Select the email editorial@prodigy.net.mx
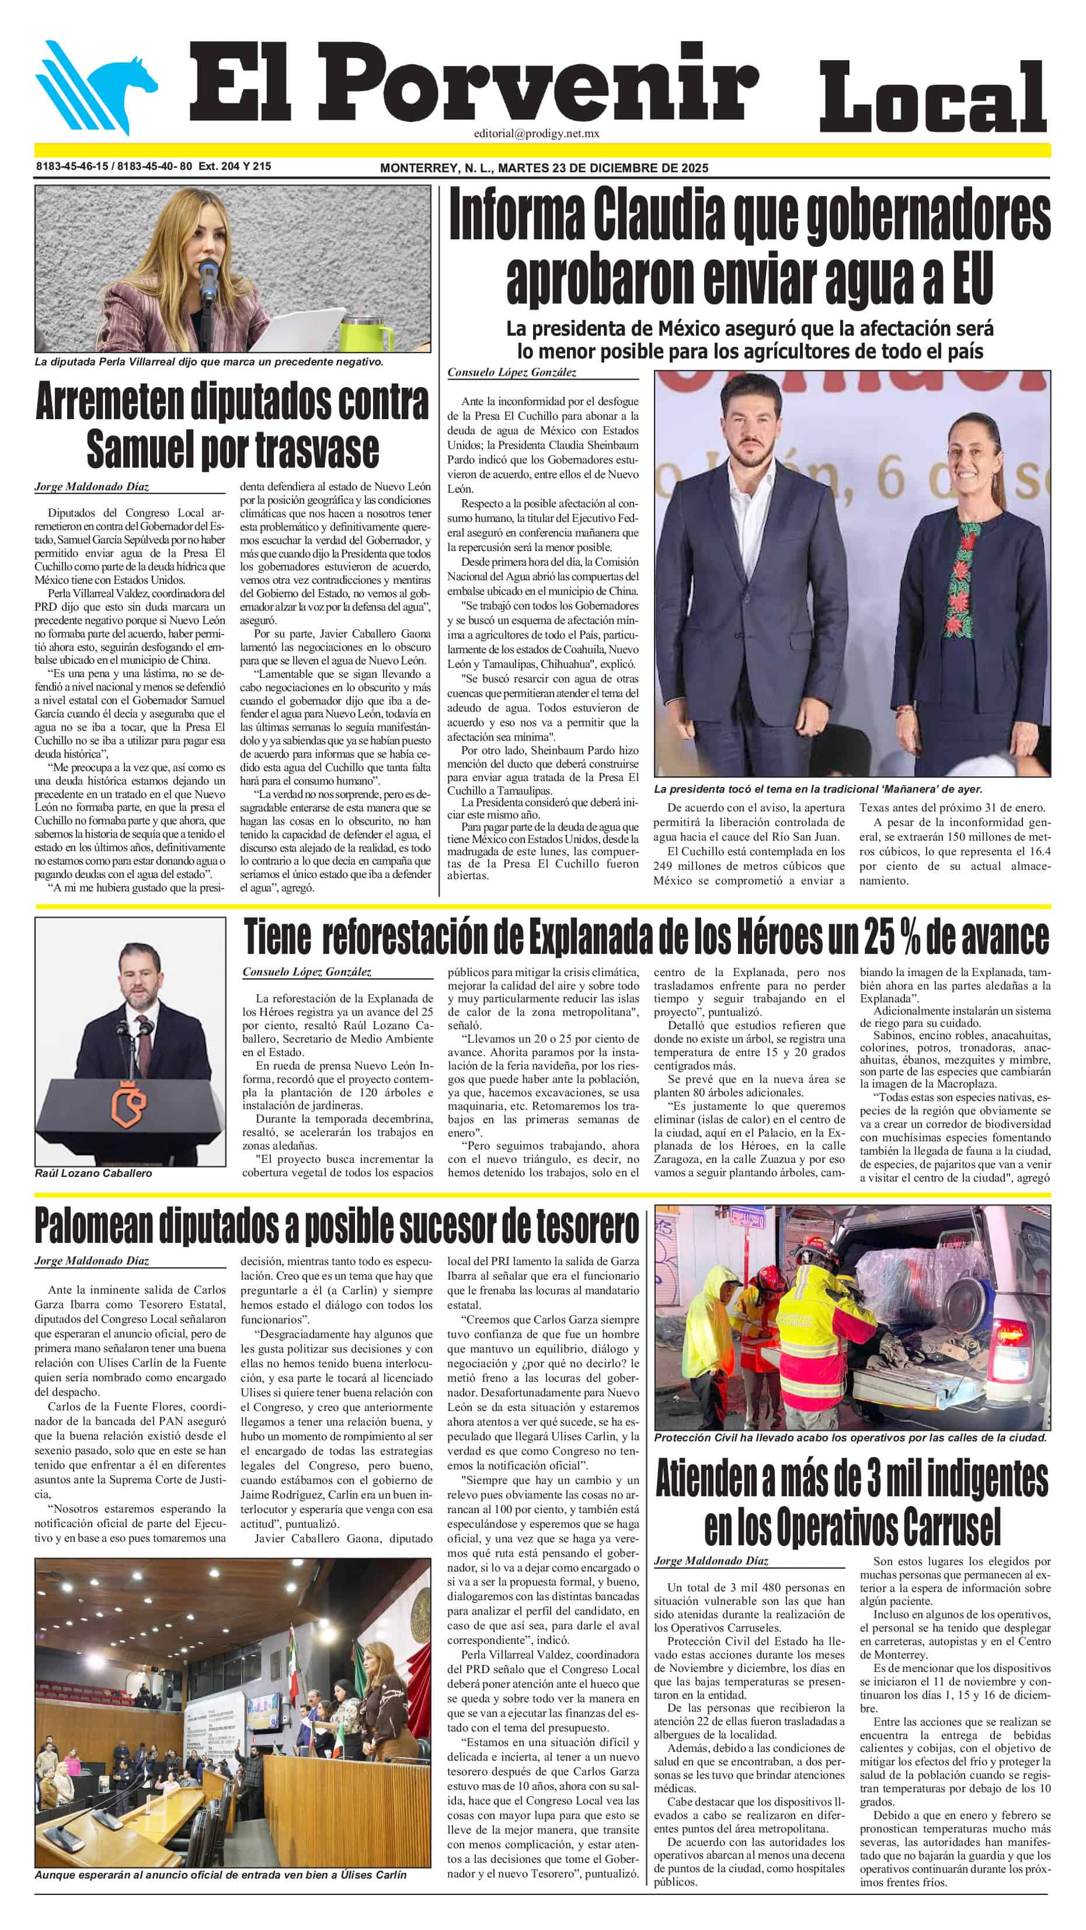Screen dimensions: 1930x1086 536,133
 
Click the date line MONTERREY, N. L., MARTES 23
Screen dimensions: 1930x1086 544,168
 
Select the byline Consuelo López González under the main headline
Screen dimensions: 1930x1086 512,372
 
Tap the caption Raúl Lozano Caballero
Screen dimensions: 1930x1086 93,1173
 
